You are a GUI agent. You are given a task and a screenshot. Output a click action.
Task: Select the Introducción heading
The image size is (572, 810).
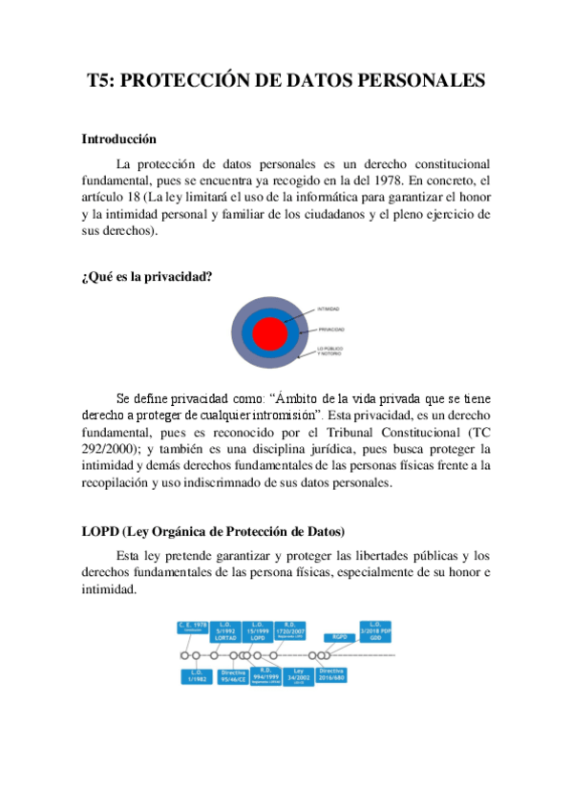click(x=118, y=139)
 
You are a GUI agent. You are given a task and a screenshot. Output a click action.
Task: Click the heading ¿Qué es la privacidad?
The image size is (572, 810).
click(x=146, y=277)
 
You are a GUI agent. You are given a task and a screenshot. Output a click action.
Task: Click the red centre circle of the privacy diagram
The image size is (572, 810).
click(x=270, y=334)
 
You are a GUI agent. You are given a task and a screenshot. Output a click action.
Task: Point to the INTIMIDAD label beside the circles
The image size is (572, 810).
click(x=328, y=309)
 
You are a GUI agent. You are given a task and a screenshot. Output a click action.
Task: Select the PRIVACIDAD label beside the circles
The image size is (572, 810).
click(x=331, y=330)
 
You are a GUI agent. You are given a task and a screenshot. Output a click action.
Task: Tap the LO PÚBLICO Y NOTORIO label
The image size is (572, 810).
click(x=330, y=352)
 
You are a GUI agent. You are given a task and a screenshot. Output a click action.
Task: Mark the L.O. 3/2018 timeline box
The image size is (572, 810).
click(x=374, y=630)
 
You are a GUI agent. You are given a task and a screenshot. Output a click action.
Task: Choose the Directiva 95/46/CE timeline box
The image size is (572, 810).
click(x=233, y=677)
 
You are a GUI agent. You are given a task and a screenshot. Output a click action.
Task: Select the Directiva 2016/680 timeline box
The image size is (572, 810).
click(x=331, y=677)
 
